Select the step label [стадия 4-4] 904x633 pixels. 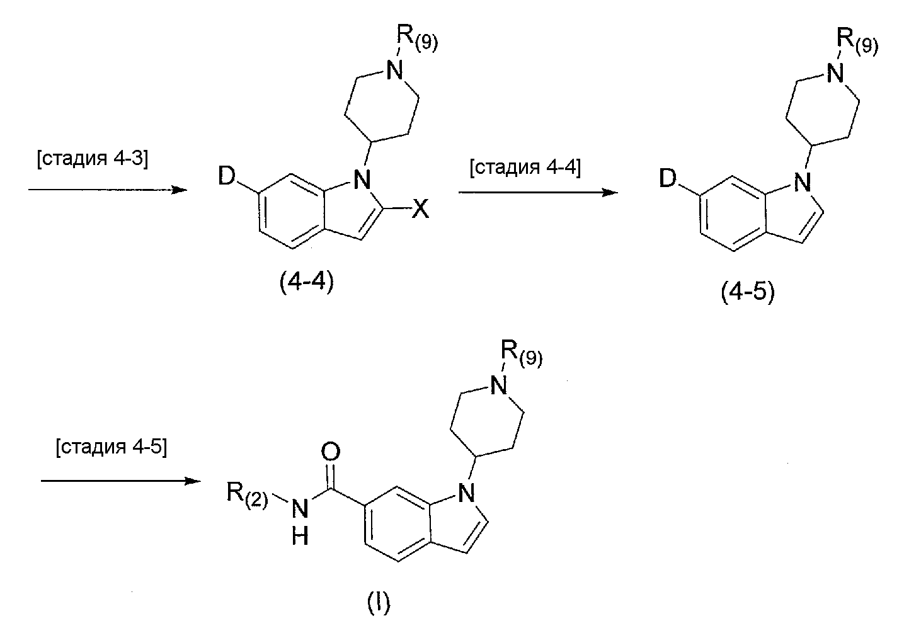[x=525, y=168]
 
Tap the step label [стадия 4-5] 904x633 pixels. [x=112, y=447]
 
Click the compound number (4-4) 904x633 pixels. [x=307, y=282]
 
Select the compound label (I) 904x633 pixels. [x=379, y=603]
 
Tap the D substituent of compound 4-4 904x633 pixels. [x=226, y=176]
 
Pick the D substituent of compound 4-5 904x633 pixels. [x=668, y=178]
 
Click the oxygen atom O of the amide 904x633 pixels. [x=331, y=452]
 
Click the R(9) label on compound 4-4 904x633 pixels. [x=417, y=38]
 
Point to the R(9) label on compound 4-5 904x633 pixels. [x=857, y=42]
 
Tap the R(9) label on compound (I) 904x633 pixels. [x=522, y=353]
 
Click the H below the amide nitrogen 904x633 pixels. [x=300, y=537]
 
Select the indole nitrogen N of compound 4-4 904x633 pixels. [x=362, y=180]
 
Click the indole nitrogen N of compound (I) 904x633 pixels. [x=466, y=493]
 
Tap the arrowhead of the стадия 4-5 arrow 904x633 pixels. [x=193, y=481]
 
